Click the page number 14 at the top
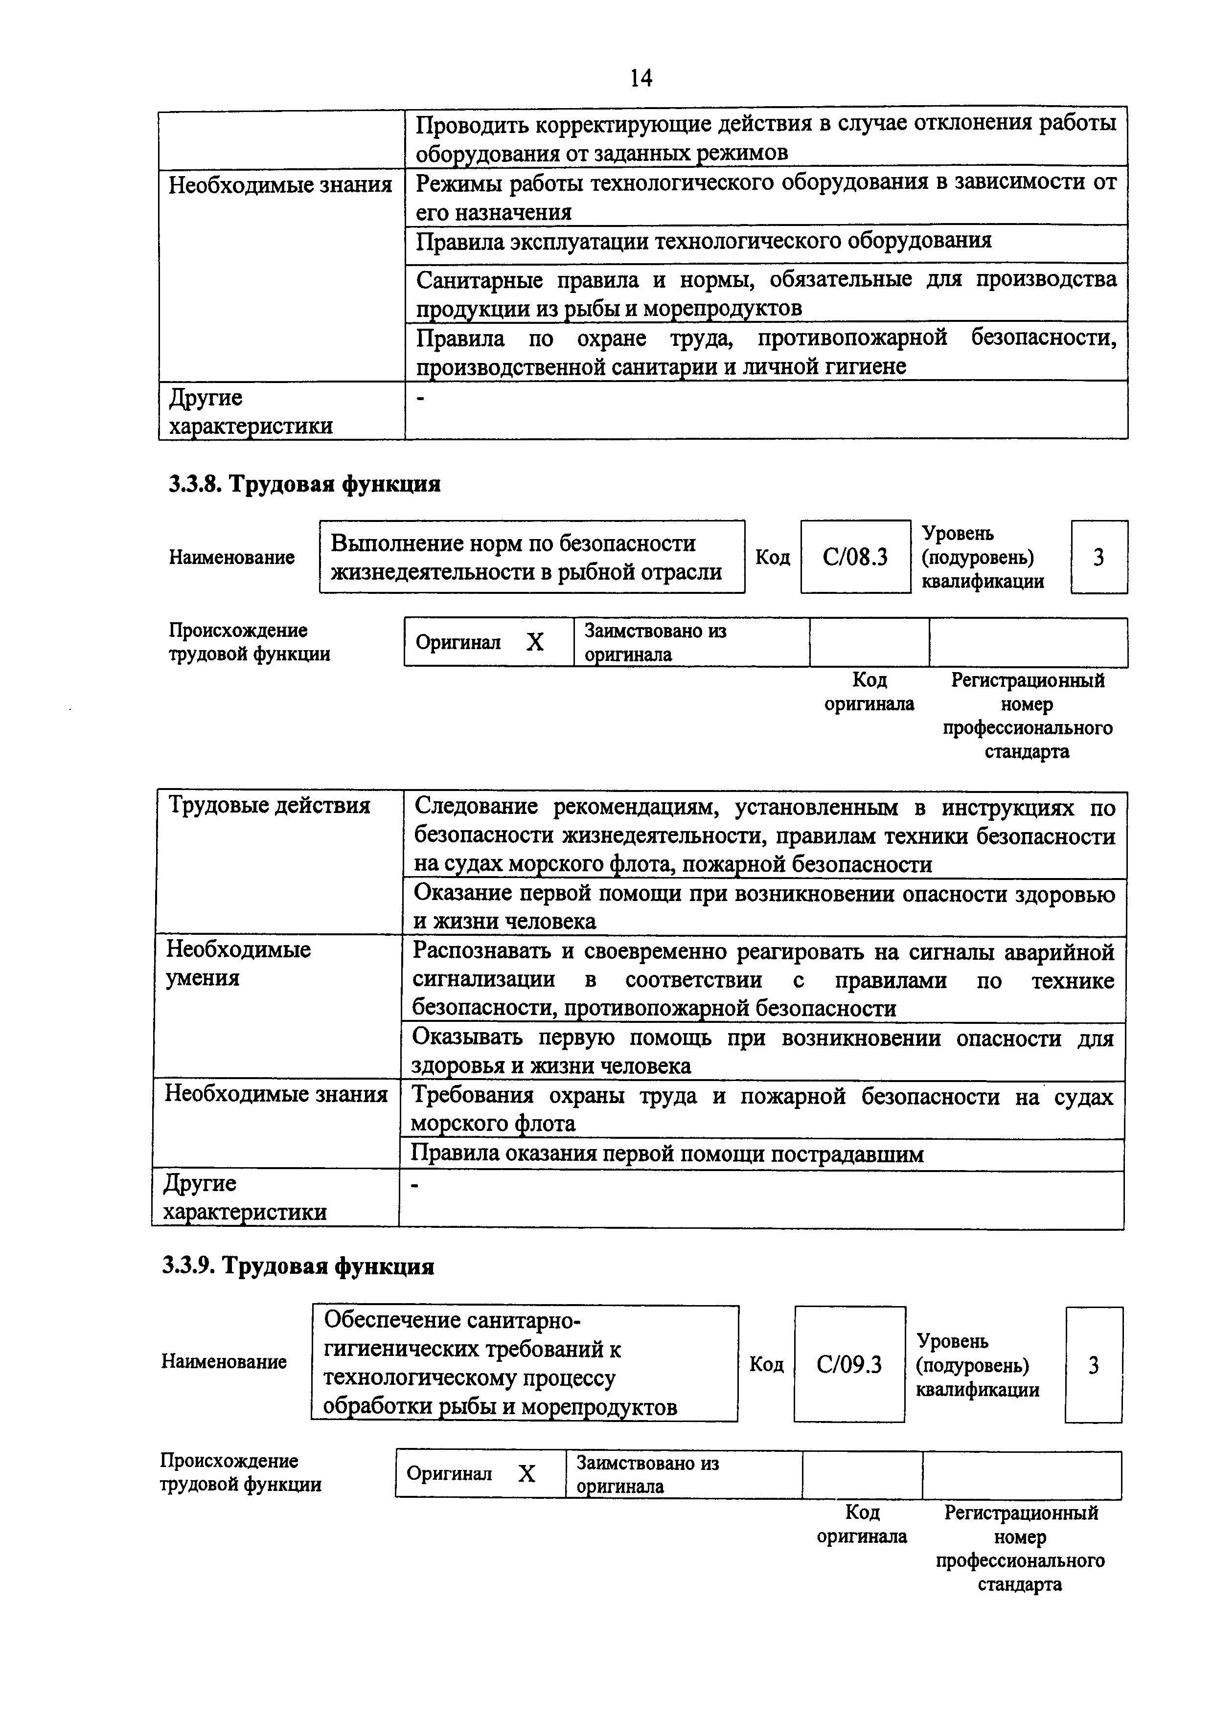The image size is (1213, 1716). point(641,78)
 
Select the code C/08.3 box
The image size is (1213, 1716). point(855,557)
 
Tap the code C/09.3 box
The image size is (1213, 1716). point(849,1365)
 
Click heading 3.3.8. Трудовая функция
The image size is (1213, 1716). point(305,484)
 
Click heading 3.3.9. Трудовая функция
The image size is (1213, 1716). point(298,1266)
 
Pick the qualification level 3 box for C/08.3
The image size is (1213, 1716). point(1099,557)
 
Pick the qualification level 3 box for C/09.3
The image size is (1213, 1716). point(1094,1365)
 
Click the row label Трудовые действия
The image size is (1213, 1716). point(269,806)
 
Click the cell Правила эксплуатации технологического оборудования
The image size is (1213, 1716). point(703,241)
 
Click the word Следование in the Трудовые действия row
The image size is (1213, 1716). point(476,807)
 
